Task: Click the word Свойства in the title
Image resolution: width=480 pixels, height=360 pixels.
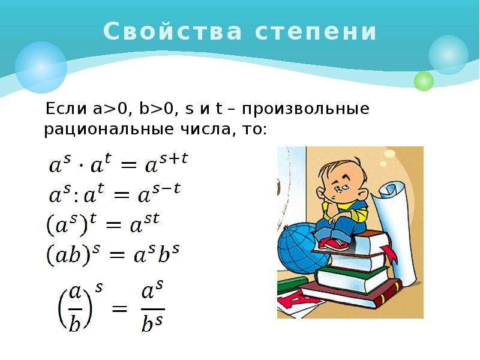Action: click(172, 31)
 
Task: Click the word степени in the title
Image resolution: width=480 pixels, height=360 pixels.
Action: click(316, 32)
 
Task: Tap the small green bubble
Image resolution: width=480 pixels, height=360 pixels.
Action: click(424, 81)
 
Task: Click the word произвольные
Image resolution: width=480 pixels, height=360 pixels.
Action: click(305, 109)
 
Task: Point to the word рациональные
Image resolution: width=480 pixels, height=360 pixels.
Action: click(109, 130)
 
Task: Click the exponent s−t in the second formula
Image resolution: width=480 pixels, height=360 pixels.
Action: click(166, 189)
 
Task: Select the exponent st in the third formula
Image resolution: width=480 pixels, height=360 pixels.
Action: click(152, 219)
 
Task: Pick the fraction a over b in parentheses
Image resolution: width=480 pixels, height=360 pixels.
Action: click(75, 308)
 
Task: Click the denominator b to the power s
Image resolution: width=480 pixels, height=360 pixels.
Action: click(152, 323)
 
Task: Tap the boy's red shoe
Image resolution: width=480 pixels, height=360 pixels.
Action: click(334, 244)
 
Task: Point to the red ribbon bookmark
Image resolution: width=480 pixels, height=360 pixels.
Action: click(389, 253)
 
